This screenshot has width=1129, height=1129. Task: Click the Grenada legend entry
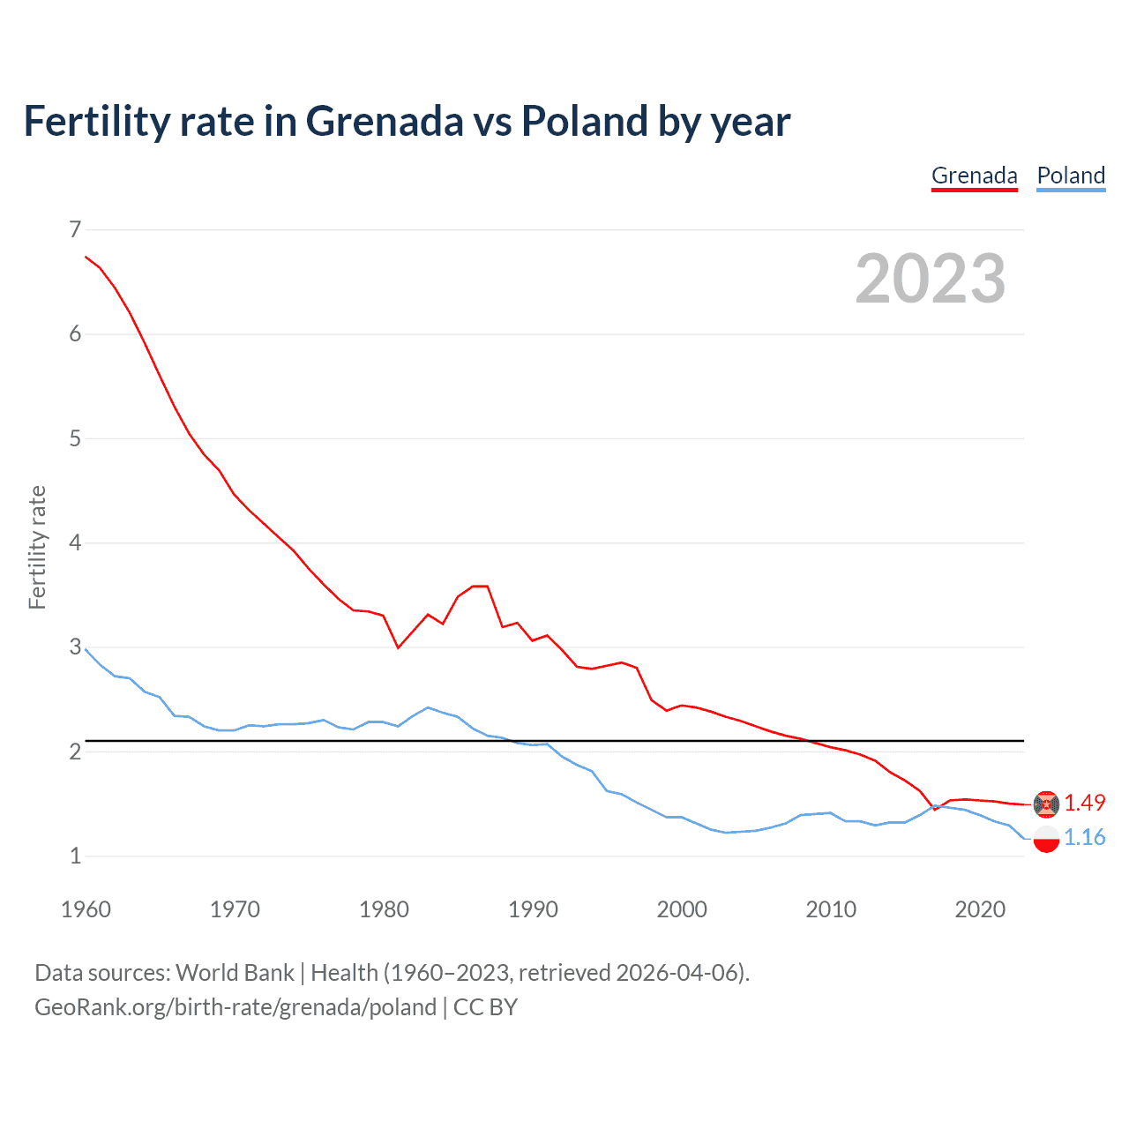point(974,176)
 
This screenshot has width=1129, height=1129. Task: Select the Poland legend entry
point(1071,176)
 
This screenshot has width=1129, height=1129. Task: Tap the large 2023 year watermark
point(930,279)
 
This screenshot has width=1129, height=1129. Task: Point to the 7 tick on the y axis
point(75,229)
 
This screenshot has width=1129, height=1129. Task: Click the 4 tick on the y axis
point(75,542)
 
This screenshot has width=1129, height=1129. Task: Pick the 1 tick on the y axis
point(75,856)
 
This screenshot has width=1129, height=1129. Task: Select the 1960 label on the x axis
point(86,909)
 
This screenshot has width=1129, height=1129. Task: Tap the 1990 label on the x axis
point(533,909)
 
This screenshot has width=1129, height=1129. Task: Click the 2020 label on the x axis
point(980,909)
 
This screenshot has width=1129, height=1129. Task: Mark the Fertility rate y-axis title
point(37,547)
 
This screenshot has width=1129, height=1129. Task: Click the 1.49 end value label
point(1084,803)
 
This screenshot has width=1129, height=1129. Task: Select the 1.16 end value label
point(1084,837)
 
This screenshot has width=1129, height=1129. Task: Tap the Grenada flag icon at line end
point(1046,804)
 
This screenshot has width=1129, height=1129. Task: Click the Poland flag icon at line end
point(1046,840)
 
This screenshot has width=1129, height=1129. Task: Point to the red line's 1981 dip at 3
point(399,647)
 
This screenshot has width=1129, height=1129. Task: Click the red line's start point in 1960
point(86,257)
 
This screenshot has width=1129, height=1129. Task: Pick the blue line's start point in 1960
point(86,649)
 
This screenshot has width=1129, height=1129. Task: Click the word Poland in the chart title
point(584,121)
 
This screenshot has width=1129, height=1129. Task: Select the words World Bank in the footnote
point(235,973)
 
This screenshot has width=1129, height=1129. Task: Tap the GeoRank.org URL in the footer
point(236,1007)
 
